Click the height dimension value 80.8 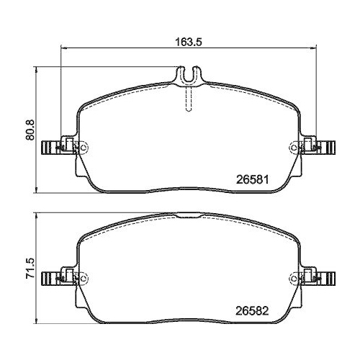coord(27,130)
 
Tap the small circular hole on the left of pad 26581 coord(83,148)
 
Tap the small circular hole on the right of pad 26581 coord(295,148)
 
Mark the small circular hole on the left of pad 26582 coord(83,279)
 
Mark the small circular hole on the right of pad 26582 coord(295,279)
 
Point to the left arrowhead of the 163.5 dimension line coord(63,48)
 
